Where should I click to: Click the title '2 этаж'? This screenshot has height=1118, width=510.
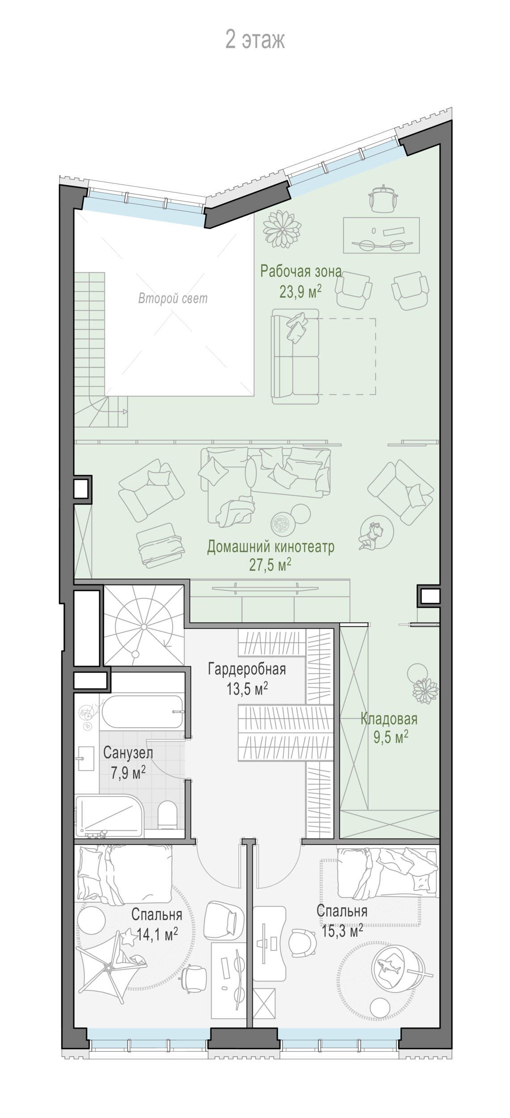point(255,40)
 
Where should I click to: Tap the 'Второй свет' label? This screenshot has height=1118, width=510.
point(173,298)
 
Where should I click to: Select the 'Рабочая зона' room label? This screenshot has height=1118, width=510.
point(301,271)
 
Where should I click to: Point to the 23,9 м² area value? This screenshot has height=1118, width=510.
point(301,292)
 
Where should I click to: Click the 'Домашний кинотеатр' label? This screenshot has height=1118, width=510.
point(271,546)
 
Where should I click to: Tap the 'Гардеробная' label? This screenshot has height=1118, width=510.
point(247,669)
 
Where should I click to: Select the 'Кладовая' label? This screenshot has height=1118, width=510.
point(389,719)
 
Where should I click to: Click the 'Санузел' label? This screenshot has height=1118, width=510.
point(128,753)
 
